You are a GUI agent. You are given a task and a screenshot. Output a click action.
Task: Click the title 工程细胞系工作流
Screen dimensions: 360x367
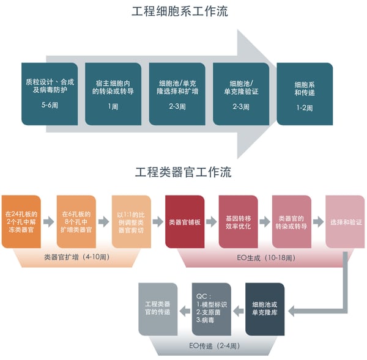183,12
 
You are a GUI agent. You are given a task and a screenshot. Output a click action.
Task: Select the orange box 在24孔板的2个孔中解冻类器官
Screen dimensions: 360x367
21,222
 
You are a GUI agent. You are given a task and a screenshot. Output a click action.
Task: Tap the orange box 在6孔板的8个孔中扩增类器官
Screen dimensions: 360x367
76,222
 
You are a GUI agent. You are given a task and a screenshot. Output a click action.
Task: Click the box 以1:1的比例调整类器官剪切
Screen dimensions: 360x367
131,222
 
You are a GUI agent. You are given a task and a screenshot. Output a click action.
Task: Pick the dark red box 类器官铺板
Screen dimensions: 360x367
184,222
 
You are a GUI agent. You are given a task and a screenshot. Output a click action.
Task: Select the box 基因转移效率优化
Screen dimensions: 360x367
237,222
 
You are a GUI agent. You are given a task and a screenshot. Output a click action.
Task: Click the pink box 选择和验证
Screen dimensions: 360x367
346,222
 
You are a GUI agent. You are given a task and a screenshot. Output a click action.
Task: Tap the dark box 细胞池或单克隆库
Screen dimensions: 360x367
265,309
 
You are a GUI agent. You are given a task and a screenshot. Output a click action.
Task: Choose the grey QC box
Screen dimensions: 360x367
211,309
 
